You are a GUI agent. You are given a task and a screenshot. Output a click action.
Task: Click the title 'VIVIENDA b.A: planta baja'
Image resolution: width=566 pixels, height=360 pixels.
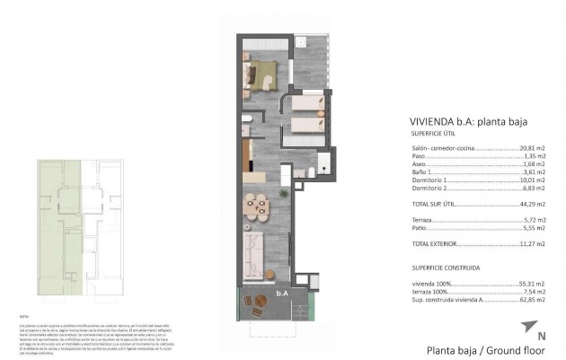(455, 122)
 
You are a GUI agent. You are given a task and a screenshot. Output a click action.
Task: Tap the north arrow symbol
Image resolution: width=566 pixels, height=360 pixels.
(527, 328)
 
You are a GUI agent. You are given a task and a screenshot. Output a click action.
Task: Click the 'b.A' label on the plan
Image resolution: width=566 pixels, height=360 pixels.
(281, 292)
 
